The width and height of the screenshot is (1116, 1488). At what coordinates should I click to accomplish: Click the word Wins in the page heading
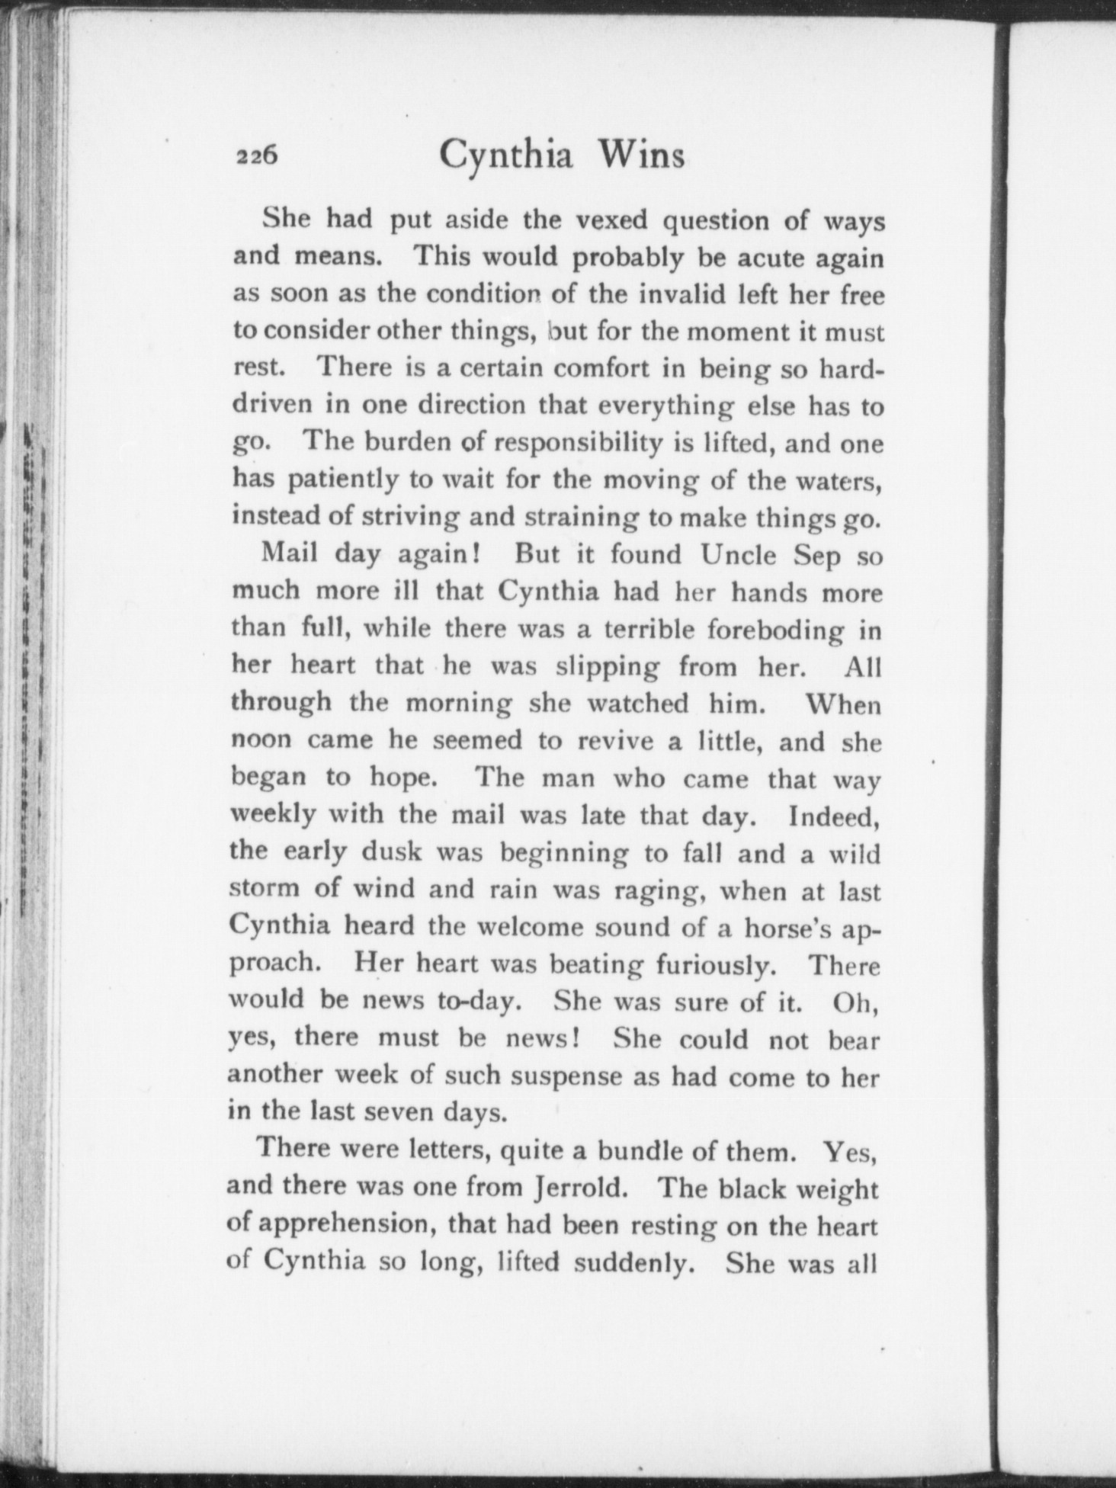click(x=641, y=156)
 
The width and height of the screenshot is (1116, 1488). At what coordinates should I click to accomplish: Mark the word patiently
click(x=350, y=480)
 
